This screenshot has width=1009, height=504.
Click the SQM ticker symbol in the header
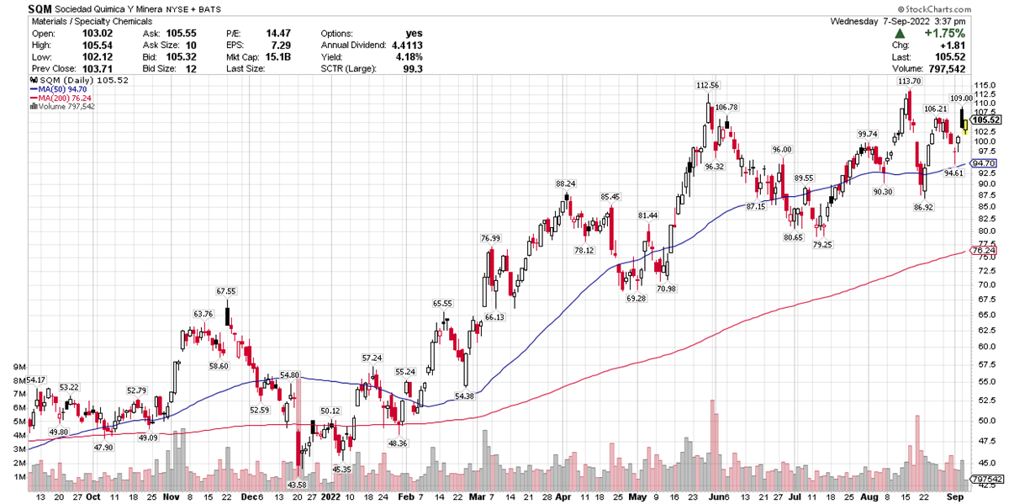pyautogui.click(x=40, y=8)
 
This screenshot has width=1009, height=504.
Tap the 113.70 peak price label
pyautogui.click(x=909, y=82)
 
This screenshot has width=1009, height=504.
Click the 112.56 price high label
pyautogui.click(x=708, y=86)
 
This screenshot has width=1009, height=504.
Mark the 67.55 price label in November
pyautogui.click(x=226, y=291)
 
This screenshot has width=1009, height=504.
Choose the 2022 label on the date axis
pyautogui.click(x=330, y=497)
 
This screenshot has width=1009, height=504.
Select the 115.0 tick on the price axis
pyautogui.click(x=983, y=86)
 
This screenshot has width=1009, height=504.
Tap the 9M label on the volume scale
pyautogui.click(x=13, y=367)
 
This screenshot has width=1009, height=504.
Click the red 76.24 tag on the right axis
pyautogui.click(x=983, y=251)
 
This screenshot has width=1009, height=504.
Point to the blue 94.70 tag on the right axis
pyautogui.click(x=983, y=163)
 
